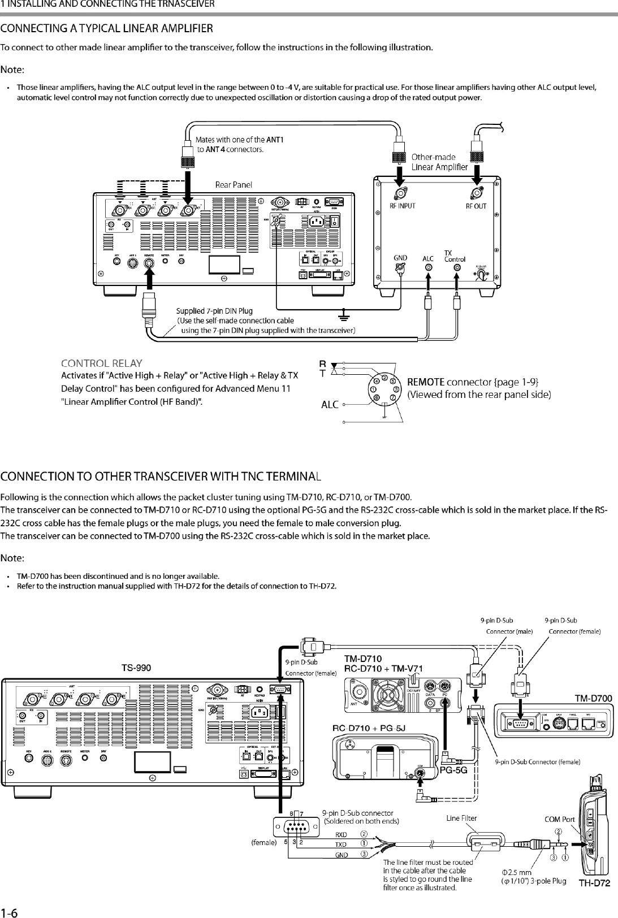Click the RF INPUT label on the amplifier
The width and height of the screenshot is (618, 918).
click(403, 206)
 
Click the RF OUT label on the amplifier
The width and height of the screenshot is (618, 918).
click(476, 206)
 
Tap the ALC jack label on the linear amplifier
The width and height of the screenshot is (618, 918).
click(429, 259)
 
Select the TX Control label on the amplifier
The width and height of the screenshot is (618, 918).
click(455, 256)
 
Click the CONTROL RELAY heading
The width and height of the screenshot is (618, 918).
click(102, 363)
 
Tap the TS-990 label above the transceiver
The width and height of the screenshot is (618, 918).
click(136, 668)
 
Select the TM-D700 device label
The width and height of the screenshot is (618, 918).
click(594, 698)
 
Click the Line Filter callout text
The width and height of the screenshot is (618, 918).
click(461, 818)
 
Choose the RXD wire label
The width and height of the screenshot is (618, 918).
click(341, 834)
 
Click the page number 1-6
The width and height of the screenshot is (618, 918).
click(10, 912)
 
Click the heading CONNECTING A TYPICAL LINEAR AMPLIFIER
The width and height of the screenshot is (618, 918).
click(107, 28)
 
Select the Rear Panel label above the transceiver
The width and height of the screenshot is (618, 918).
click(234, 184)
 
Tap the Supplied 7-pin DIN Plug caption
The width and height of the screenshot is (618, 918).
click(214, 311)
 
